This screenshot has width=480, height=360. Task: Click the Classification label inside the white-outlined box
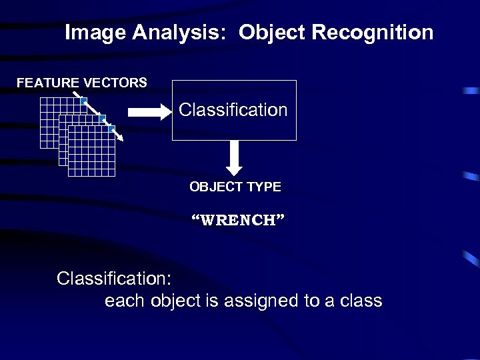click(233, 110)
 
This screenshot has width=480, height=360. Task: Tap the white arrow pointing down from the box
click(234, 157)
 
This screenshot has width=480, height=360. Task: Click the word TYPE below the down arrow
click(264, 187)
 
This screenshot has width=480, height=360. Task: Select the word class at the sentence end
click(361, 301)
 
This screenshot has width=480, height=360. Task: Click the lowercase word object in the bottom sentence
click(177, 301)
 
